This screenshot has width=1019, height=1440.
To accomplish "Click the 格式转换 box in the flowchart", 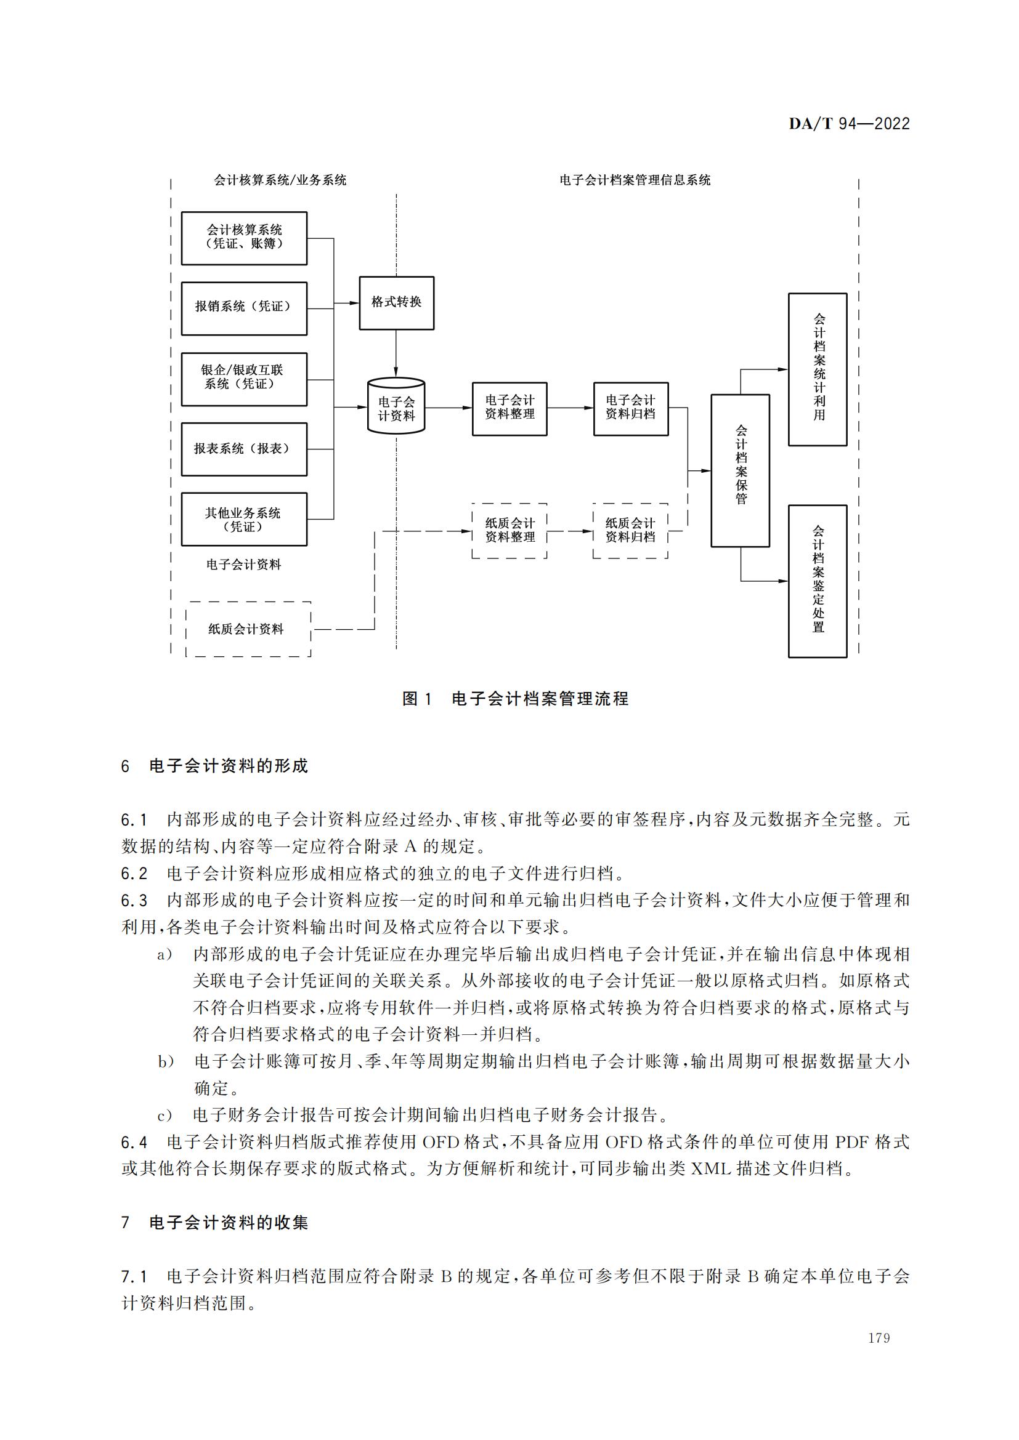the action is click(x=397, y=303).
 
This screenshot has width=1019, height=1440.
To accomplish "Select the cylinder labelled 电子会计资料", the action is click(x=396, y=406).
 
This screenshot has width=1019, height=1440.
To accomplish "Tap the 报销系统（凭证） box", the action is click(x=244, y=308).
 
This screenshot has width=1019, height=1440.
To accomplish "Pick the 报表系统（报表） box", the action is click(x=244, y=449).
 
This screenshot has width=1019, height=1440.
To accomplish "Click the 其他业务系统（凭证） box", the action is click(x=244, y=520).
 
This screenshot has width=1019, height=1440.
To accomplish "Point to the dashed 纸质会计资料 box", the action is click(x=248, y=629).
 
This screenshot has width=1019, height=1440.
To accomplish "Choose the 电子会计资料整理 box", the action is click(x=509, y=408).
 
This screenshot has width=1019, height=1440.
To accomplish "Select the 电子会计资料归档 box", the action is click(x=631, y=408).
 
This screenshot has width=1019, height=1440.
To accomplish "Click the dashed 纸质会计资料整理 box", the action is click(x=509, y=531).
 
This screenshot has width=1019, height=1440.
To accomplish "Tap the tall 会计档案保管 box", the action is click(x=741, y=470).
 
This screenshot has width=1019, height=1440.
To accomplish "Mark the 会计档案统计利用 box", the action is click(x=818, y=369).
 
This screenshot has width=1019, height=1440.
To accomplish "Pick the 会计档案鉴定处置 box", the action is click(x=818, y=581).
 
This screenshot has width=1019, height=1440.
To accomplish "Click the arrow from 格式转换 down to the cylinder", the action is click(x=396, y=353).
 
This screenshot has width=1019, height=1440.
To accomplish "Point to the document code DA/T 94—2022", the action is click(x=850, y=124).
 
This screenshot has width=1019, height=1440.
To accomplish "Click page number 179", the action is click(x=879, y=1338).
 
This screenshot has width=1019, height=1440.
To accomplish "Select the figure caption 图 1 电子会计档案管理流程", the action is click(x=515, y=699).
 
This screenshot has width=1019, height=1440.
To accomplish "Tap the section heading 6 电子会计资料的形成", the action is click(x=214, y=766).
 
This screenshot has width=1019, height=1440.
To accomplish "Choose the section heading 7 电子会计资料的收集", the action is click(x=214, y=1223).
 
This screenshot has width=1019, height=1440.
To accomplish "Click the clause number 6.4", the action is click(x=134, y=1142).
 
